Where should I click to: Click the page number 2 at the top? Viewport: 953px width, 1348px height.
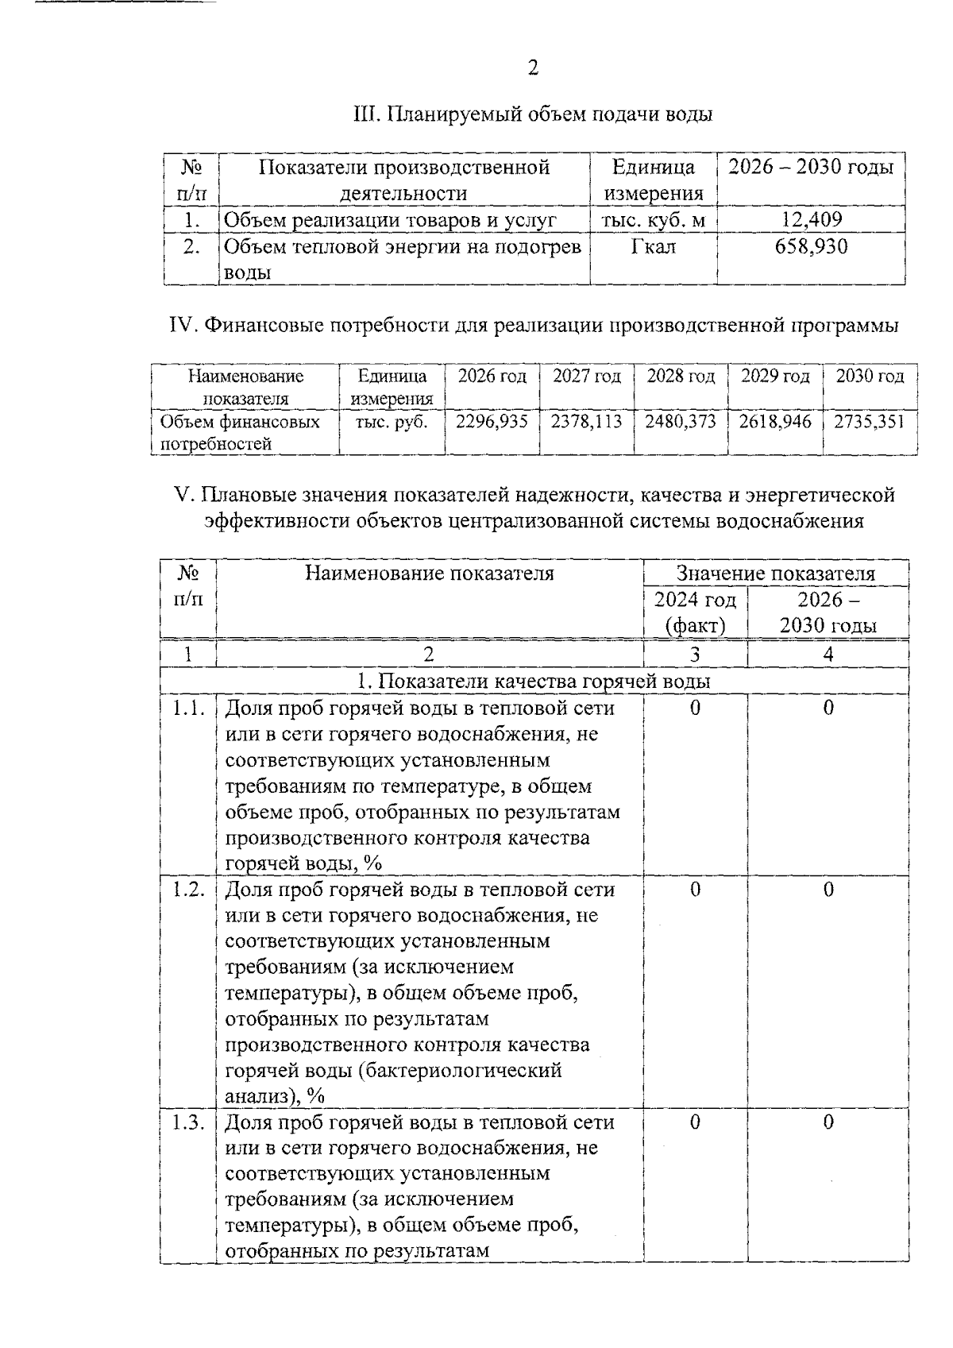tap(533, 68)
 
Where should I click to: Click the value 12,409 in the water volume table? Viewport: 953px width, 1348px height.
tap(811, 219)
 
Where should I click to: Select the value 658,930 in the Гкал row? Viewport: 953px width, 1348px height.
tap(811, 246)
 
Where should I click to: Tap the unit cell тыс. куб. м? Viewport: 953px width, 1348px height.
tap(653, 220)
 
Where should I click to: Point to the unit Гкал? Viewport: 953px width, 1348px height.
tap(653, 247)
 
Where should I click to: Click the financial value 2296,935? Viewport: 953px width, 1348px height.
tap(492, 421)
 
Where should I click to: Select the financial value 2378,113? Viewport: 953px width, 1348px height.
tap(586, 421)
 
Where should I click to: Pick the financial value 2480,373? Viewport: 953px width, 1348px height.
tap(681, 421)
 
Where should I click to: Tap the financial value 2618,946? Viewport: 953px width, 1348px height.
tap(775, 421)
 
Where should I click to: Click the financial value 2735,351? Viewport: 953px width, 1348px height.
tap(870, 421)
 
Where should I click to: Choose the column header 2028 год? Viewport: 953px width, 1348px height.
tap(681, 377)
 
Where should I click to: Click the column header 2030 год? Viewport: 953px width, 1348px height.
tap(870, 377)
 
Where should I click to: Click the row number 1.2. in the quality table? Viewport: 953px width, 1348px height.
tap(188, 890)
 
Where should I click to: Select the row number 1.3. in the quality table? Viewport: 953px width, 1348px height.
tap(188, 1122)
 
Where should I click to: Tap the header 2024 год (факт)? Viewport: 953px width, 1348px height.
tap(695, 612)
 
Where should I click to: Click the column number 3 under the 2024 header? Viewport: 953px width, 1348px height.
tap(695, 655)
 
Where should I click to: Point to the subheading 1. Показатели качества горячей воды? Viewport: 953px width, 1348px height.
tap(534, 682)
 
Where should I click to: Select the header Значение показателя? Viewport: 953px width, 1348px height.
tap(775, 574)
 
